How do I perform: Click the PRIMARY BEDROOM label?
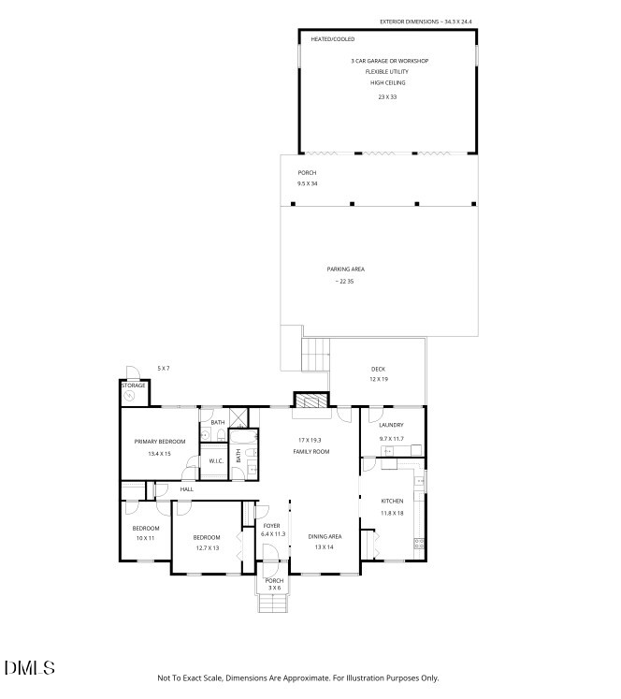(160, 441)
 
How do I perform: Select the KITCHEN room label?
(392, 502)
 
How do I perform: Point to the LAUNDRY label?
(391, 425)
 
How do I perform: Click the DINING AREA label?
(325, 536)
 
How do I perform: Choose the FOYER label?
(271, 526)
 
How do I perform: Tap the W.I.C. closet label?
(214, 460)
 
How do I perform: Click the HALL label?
(187, 489)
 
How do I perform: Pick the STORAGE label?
(133, 385)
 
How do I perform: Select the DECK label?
(378, 369)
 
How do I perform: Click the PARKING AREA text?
(345, 269)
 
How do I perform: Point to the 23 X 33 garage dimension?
(387, 97)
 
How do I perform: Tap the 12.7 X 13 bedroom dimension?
(207, 548)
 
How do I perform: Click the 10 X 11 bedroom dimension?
(145, 539)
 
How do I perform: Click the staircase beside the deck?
(316, 355)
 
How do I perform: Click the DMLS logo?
(30, 668)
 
